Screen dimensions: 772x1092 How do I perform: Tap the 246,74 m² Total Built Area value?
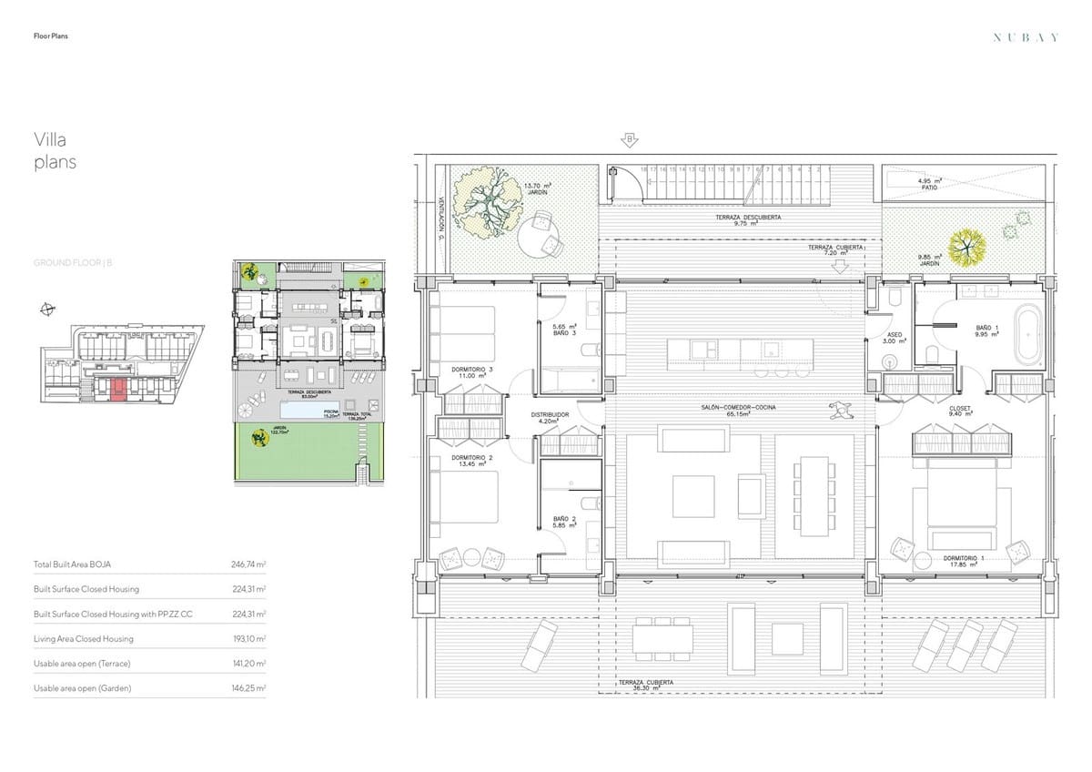248,564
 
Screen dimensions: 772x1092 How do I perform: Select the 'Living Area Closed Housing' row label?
83,639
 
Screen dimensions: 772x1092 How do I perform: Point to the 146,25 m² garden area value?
248,688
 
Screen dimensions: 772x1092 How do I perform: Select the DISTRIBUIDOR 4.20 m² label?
550,418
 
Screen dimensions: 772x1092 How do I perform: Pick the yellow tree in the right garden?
966,244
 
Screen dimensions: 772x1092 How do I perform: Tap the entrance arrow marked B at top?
628,139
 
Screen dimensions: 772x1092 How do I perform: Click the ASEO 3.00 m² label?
894,339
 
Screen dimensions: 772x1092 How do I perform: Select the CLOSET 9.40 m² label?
960,411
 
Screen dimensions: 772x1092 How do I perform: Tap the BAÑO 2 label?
564,523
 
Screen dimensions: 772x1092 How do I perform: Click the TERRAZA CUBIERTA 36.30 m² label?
645,685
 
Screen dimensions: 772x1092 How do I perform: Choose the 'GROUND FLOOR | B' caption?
73,262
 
